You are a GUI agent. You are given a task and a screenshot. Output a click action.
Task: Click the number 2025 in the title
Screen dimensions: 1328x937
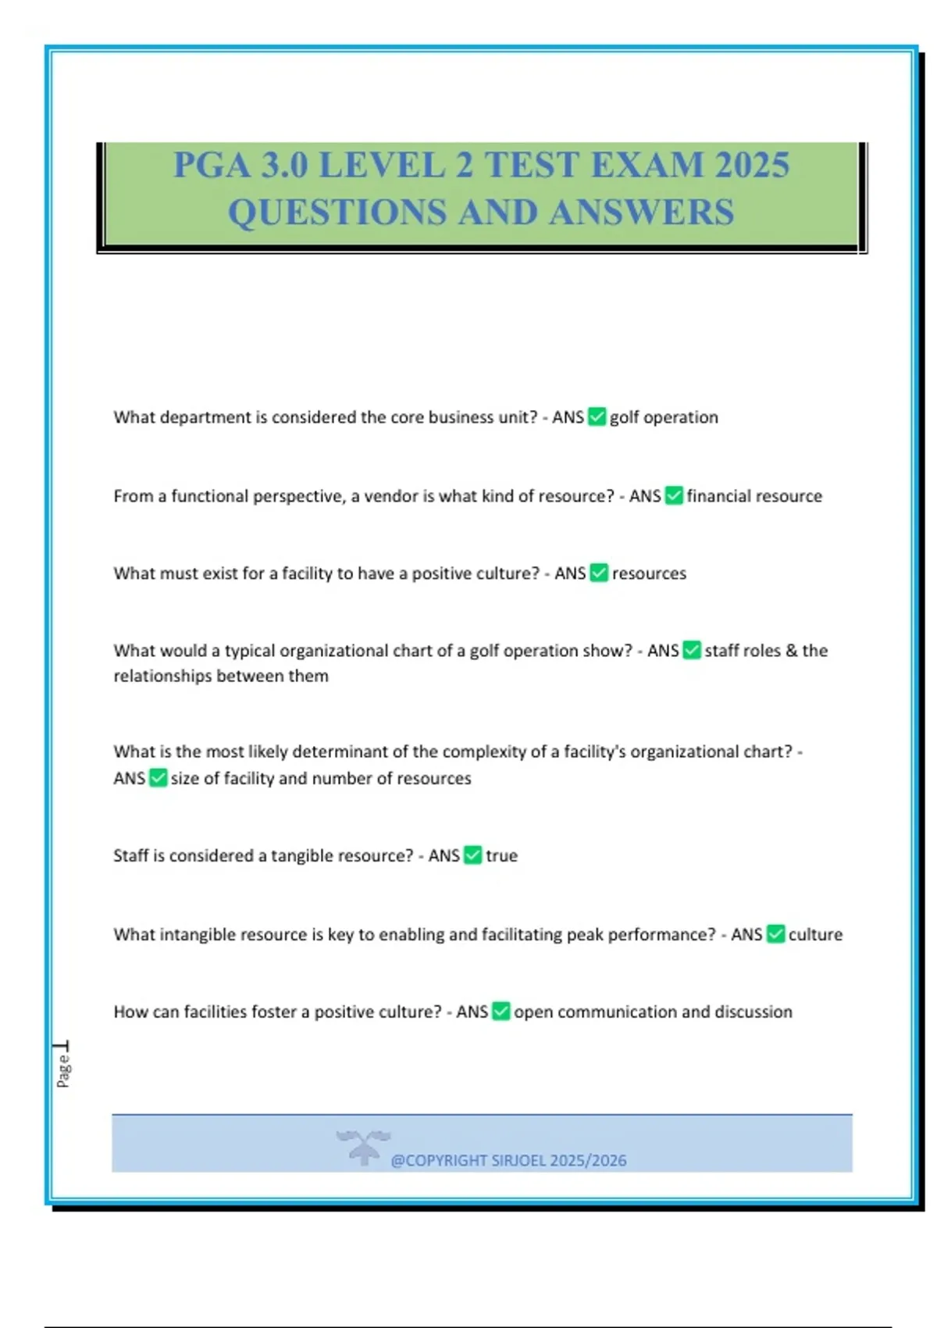[752, 165]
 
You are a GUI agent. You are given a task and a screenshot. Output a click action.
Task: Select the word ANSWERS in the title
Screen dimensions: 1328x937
[642, 212]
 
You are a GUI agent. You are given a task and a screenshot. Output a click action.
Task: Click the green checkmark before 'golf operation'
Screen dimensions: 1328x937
[597, 417]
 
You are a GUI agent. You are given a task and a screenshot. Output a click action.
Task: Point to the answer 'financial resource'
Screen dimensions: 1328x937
[754, 496]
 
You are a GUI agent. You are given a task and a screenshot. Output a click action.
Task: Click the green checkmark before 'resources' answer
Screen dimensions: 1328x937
[599, 573]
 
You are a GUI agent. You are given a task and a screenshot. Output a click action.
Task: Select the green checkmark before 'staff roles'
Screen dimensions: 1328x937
[692, 651]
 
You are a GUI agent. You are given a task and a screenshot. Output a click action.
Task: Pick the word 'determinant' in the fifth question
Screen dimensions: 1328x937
[341, 751]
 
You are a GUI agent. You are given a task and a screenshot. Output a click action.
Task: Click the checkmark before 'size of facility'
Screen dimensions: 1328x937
[158, 778]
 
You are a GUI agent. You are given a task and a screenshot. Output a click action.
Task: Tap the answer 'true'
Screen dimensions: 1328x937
[501, 855]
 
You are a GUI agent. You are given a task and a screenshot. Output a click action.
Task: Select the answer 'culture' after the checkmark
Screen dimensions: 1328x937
[815, 934]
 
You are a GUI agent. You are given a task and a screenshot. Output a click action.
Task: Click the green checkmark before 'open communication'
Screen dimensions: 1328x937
[501, 1012]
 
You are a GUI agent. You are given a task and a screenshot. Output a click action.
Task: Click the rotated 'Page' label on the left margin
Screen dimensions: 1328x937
[63, 1070]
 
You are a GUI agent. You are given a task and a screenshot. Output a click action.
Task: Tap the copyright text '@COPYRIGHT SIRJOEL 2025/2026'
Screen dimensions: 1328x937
[508, 1160]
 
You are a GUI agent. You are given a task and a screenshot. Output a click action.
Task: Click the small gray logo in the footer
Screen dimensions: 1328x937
[363, 1147]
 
